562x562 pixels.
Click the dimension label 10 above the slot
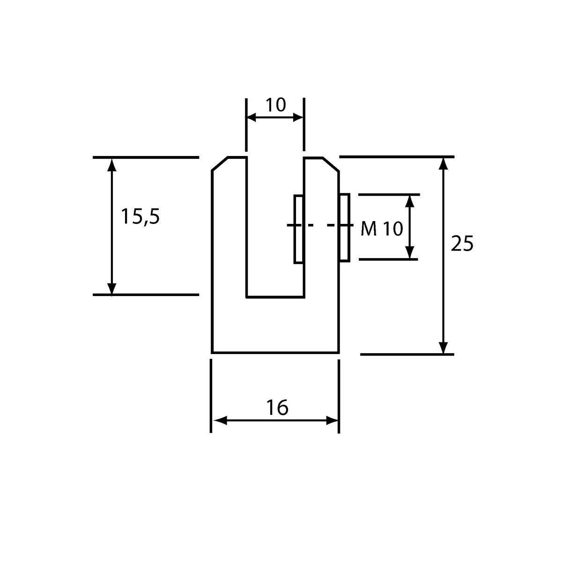click(x=275, y=105)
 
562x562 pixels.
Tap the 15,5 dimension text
click(x=140, y=217)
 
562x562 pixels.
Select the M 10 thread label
click(x=382, y=229)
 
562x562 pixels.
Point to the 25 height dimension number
click(x=462, y=243)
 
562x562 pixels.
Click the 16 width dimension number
click(x=277, y=407)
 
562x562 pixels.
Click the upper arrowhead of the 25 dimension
click(x=443, y=164)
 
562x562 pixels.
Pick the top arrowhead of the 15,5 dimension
click(x=112, y=164)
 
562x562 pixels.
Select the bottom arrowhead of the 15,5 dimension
click(x=112, y=288)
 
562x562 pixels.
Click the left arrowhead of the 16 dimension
click(x=220, y=421)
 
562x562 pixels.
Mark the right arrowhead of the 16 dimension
click(x=332, y=421)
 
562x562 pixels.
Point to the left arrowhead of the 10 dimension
click(x=251, y=118)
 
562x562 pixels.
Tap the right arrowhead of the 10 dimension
click(x=298, y=118)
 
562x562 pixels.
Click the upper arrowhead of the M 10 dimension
click(x=410, y=201)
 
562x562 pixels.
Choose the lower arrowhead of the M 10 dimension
click(x=410, y=252)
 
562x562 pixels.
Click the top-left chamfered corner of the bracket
click(x=220, y=164)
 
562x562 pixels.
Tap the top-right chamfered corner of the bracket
click(x=331, y=164)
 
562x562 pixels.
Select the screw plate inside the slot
click(x=298, y=229)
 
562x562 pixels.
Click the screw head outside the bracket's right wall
click(x=344, y=228)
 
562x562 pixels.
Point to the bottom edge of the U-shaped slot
click(x=275, y=297)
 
